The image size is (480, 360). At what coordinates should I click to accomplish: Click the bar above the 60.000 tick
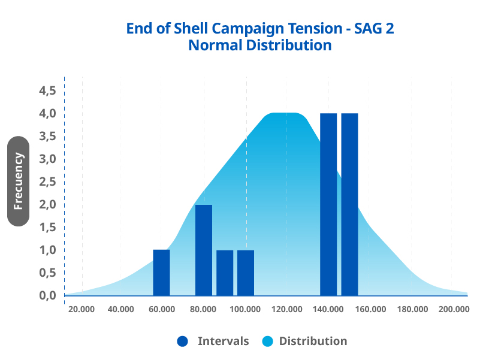click(162, 273)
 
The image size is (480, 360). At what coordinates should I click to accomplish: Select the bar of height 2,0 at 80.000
click(204, 250)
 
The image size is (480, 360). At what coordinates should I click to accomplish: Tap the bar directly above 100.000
click(246, 273)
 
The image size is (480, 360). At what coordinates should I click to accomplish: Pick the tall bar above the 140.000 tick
click(328, 204)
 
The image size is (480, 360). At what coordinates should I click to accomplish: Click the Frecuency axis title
click(19, 181)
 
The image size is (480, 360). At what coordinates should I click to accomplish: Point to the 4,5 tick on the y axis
click(47, 90)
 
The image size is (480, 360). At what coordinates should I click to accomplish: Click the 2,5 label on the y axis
click(47, 181)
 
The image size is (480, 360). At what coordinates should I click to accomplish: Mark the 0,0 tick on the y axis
click(47, 295)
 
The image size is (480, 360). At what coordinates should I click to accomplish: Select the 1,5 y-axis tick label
click(47, 227)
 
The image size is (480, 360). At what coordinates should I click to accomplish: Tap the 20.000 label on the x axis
click(81, 309)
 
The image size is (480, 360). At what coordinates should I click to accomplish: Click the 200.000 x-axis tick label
click(453, 309)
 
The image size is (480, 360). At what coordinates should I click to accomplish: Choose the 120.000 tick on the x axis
click(286, 309)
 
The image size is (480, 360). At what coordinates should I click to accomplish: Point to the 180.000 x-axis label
click(412, 309)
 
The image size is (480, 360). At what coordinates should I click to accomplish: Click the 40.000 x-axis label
click(121, 309)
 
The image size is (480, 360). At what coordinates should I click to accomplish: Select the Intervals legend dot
click(183, 341)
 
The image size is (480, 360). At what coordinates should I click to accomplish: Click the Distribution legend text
click(313, 341)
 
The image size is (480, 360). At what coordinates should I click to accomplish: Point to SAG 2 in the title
click(375, 28)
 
